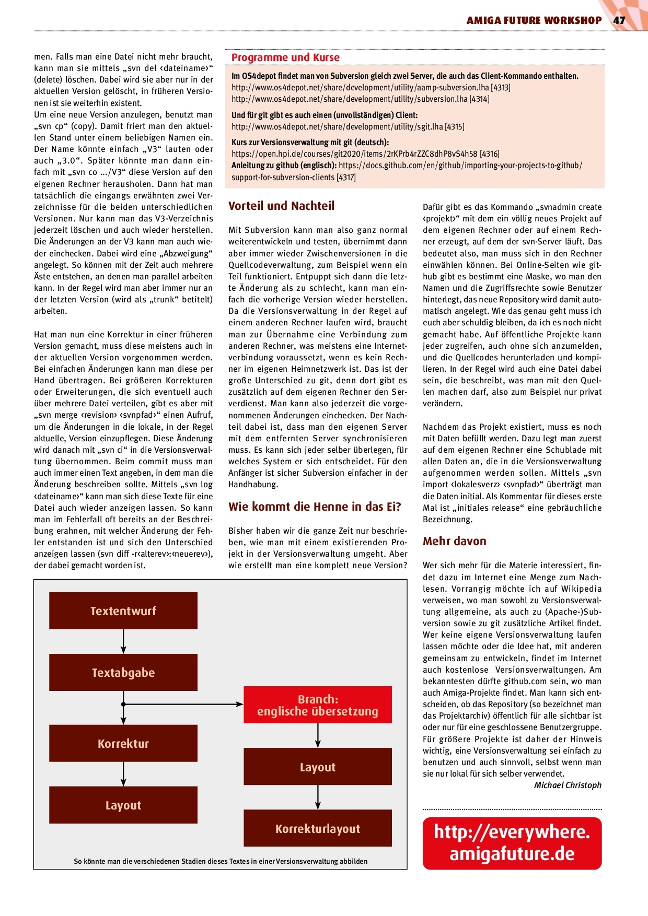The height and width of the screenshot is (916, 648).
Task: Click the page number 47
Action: click(619, 20)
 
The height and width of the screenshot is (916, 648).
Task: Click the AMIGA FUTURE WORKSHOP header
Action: click(534, 20)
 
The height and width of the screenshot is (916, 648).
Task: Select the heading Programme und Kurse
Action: click(285, 57)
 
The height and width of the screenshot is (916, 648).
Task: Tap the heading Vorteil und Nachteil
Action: click(281, 206)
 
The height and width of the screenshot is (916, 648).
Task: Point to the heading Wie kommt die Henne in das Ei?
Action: click(315, 507)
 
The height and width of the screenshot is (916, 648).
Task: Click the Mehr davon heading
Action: click(455, 541)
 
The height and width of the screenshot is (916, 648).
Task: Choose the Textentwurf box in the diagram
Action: click(123, 610)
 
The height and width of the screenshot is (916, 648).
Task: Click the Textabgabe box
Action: click(123, 673)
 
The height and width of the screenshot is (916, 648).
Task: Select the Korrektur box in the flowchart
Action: click(123, 744)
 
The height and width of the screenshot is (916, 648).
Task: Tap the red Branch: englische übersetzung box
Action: click(318, 705)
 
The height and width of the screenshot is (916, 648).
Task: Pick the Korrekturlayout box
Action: click(318, 828)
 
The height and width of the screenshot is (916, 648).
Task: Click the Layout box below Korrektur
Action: click(123, 805)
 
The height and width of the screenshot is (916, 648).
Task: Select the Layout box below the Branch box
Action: click(318, 767)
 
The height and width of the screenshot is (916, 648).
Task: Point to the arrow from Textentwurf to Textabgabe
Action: click(123, 641)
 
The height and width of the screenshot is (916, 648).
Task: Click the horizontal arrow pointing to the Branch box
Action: click(183, 704)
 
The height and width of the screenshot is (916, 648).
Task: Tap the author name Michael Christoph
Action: click(568, 785)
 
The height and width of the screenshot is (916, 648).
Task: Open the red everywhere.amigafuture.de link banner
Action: click(512, 843)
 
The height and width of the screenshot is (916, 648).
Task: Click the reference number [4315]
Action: click(454, 127)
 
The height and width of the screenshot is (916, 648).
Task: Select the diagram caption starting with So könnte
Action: click(221, 861)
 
